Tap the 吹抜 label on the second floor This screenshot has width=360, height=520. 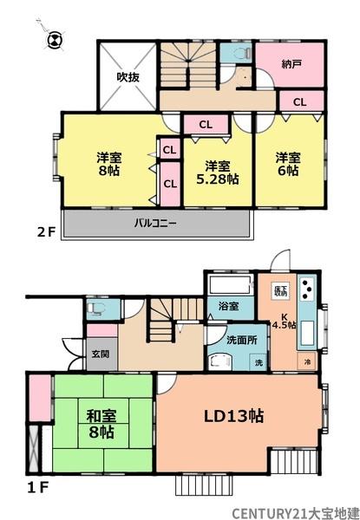tap(128, 77)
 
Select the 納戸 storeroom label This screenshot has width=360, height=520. tap(291, 63)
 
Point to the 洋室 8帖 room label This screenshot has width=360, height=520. tap(109, 164)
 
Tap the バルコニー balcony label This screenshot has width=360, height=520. tap(155, 223)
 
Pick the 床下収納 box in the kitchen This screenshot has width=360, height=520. tap(281, 290)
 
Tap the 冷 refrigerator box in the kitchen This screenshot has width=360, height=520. tap(306, 360)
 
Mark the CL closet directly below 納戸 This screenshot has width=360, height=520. tap(298, 102)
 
